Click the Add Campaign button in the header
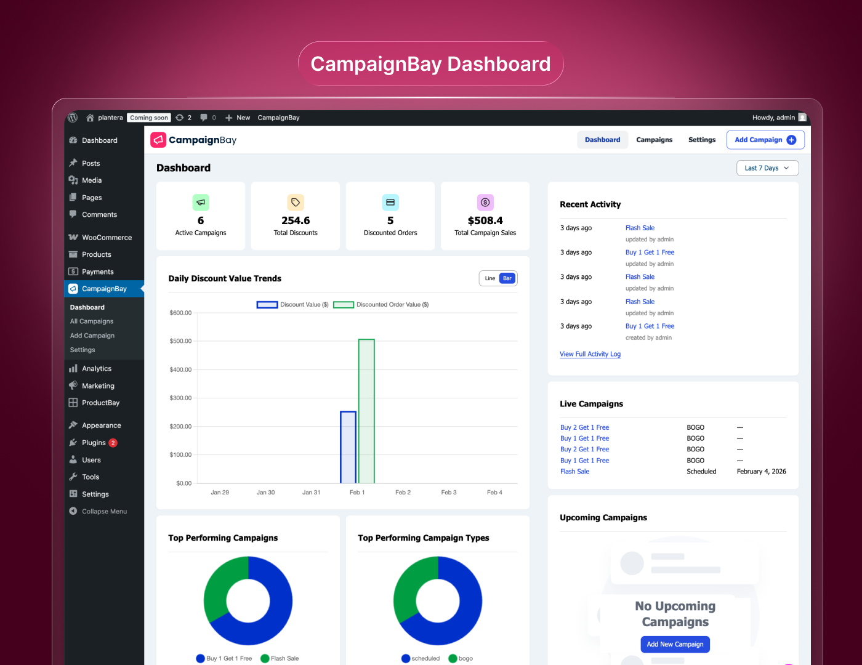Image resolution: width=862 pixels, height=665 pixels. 765,140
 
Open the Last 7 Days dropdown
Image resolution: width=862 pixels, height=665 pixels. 767,168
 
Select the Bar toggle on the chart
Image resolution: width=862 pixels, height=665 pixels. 507,278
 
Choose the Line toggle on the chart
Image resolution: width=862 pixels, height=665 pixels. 490,278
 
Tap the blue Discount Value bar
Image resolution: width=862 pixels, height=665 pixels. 348,447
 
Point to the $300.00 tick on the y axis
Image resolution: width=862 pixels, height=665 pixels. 180,398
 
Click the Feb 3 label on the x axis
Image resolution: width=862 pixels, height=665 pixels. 449,493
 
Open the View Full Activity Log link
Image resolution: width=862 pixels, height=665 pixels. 590,354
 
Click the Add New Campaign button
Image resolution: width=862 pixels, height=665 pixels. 675,644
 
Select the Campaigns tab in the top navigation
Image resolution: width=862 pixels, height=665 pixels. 654,140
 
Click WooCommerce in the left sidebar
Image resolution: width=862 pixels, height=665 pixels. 107,238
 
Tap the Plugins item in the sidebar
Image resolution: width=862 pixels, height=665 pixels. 94,443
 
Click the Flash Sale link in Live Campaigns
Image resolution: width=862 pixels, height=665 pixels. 574,472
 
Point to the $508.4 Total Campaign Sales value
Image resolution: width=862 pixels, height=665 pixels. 485,220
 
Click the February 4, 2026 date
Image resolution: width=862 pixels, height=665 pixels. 761,472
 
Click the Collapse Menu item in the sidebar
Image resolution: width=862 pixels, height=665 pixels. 104,512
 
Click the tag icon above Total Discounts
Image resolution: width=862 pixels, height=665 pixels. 296,203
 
